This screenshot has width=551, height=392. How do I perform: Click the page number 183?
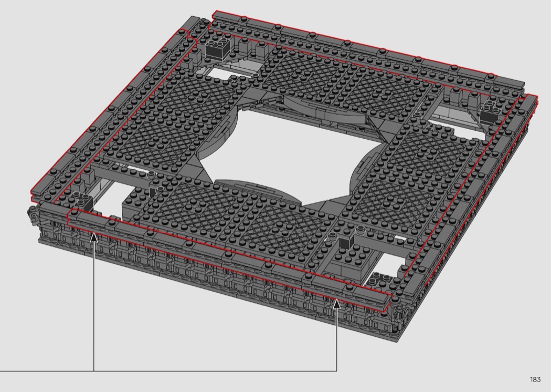535,379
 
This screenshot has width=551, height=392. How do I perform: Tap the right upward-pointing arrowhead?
337,304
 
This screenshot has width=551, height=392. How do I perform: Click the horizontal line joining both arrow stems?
168,371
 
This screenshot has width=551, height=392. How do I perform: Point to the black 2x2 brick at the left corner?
83,201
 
